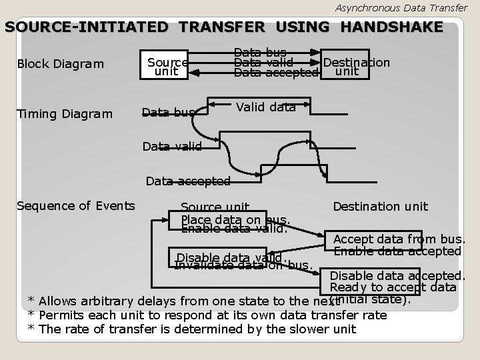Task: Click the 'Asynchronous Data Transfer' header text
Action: [x=401, y=7]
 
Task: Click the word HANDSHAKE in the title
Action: [x=391, y=27]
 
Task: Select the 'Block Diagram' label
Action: [x=61, y=64]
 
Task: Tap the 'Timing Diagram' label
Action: [x=65, y=113]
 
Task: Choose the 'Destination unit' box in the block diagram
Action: [x=356, y=66]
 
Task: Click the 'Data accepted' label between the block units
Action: [x=276, y=73]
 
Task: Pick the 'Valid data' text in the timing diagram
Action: [x=266, y=107]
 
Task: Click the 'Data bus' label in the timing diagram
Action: [x=169, y=113]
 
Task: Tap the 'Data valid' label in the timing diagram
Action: [x=172, y=146]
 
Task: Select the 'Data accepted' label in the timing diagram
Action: [x=188, y=181]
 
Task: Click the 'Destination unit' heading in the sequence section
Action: [x=381, y=207]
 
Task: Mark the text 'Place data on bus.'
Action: [x=235, y=219]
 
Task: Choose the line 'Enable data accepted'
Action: [x=397, y=251]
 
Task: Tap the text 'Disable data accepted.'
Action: [x=397, y=275]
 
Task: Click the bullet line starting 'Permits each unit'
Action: [x=206, y=315]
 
